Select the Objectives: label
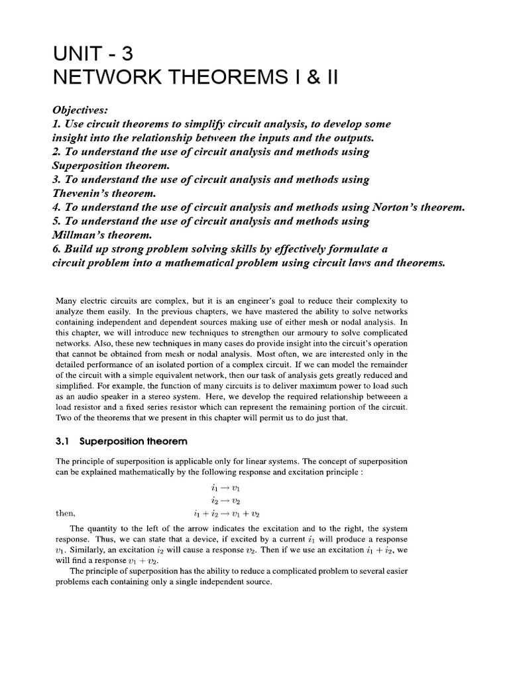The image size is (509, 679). point(83,110)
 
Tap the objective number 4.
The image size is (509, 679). point(56,207)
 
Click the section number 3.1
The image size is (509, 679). point(62,441)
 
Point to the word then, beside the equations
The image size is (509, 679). point(64,513)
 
